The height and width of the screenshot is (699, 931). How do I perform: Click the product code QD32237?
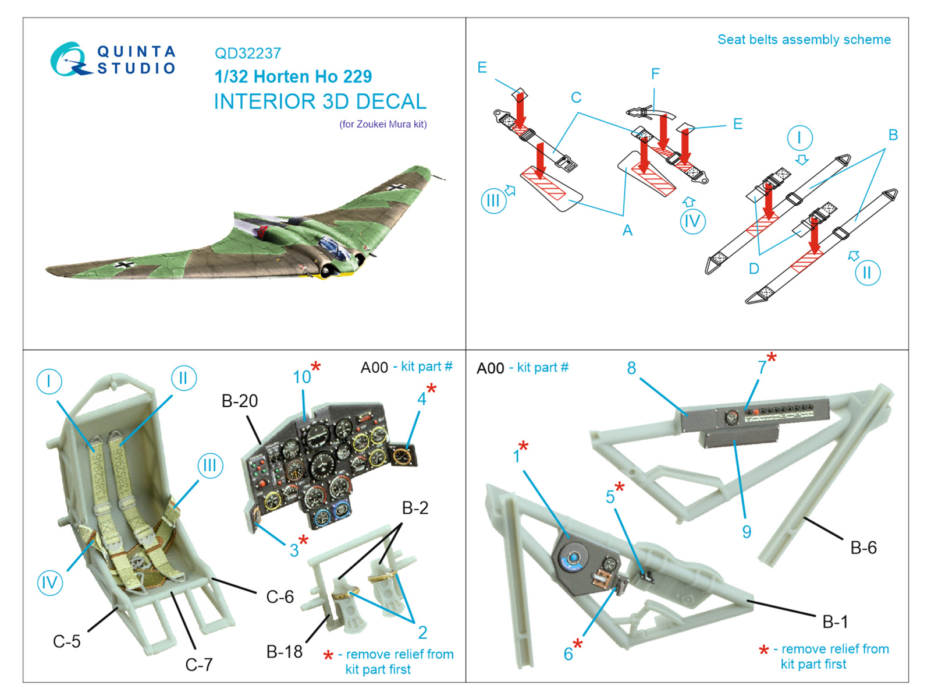click(248, 54)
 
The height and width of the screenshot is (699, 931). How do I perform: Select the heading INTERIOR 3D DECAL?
click(320, 101)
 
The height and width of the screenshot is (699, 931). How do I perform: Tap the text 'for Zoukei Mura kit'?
click(383, 124)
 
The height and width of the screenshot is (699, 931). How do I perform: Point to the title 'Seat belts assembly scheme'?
click(804, 40)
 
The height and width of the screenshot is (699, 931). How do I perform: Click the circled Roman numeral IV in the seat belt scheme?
click(692, 222)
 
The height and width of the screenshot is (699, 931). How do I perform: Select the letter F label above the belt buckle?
click(655, 74)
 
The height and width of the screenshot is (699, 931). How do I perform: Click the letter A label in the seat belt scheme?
click(627, 231)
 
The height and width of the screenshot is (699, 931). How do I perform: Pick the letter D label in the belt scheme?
click(754, 269)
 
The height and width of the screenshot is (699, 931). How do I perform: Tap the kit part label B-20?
click(240, 401)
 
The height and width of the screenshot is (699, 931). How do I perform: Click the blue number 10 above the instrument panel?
click(302, 377)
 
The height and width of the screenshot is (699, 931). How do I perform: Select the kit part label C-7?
click(199, 665)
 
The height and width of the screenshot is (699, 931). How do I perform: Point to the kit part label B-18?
click(284, 652)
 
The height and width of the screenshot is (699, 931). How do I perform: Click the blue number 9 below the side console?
click(747, 531)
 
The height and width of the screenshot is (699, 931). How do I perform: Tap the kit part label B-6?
click(864, 548)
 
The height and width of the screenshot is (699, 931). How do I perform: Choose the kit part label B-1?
click(835, 622)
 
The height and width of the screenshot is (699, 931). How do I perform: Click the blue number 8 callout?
click(631, 368)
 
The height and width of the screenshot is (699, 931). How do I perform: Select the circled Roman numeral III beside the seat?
click(209, 465)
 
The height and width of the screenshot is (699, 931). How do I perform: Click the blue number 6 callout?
click(568, 654)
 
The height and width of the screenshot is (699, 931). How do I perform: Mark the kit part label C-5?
click(66, 641)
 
